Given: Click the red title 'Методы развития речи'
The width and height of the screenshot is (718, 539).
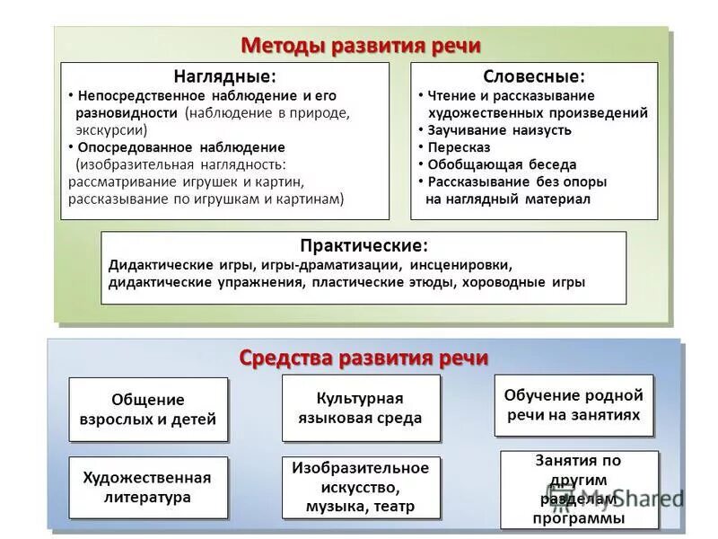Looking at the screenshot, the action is (x=361, y=45).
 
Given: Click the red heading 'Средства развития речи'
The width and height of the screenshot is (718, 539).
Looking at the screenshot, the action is (x=363, y=357).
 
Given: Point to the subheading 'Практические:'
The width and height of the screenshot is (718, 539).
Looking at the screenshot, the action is (x=363, y=245).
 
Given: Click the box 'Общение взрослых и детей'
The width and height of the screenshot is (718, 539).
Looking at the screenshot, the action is (x=148, y=409).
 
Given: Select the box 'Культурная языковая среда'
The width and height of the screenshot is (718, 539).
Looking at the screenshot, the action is (x=361, y=408).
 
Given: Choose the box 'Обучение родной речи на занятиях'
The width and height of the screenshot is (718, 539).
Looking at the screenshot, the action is (x=574, y=404).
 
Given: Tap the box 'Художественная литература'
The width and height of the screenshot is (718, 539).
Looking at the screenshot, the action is (x=148, y=487).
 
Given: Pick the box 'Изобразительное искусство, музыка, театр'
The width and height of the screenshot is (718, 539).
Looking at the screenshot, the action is (x=361, y=487).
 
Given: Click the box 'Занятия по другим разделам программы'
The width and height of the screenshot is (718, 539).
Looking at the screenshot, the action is (x=578, y=490).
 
